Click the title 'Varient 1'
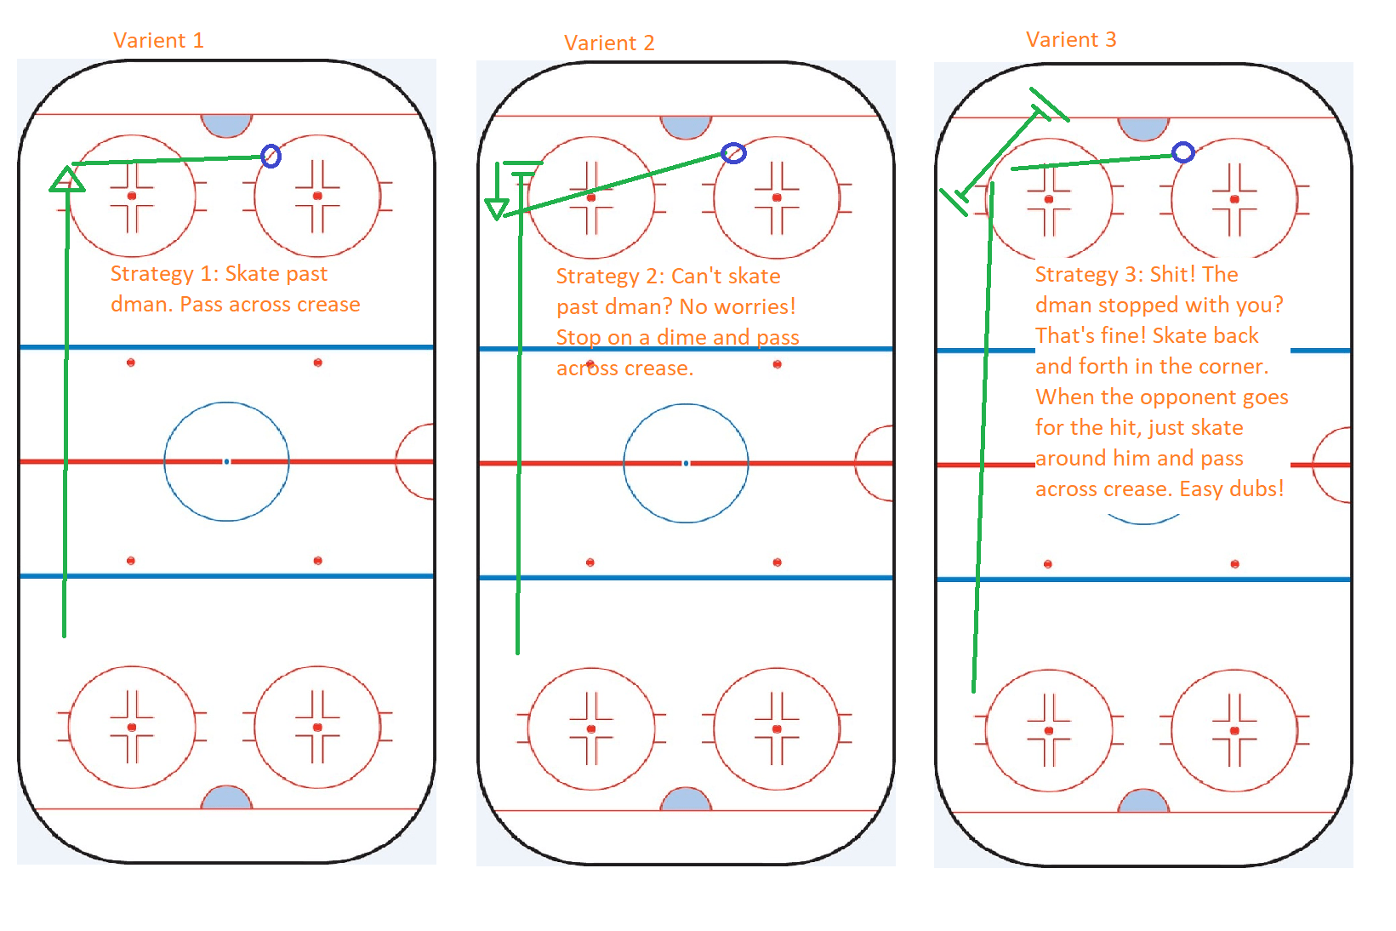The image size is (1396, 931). (x=158, y=41)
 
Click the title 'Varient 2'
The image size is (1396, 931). (x=609, y=43)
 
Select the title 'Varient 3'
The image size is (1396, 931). (x=1071, y=40)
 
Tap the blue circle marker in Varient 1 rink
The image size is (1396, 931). (x=271, y=156)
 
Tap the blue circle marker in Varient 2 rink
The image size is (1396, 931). (x=733, y=153)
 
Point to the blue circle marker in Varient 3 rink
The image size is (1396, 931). (x=1183, y=152)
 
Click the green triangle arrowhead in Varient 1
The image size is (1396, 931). (x=66, y=180)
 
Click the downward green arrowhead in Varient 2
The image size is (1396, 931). (x=497, y=208)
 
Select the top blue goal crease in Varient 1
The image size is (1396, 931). (x=226, y=124)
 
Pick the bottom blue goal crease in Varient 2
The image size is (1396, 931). (x=686, y=800)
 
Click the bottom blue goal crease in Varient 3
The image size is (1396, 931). (x=1143, y=802)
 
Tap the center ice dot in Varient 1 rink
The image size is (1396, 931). (x=226, y=461)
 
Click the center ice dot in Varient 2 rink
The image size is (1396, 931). (x=686, y=463)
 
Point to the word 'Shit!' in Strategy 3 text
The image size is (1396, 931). (x=1173, y=274)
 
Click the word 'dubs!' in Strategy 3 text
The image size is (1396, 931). (x=1257, y=488)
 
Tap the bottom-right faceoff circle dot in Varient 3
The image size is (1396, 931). (x=1234, y=731)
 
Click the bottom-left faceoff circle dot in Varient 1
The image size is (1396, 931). (x=132, y=728)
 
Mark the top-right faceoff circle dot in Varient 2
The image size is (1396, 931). (x=777, y=197)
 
